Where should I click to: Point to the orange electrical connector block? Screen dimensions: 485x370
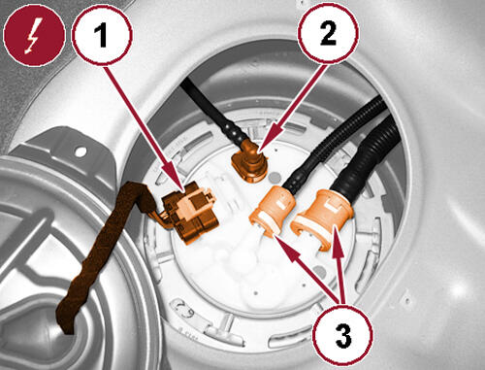coord(191,212)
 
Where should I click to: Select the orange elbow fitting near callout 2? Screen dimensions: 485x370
coord(250,161)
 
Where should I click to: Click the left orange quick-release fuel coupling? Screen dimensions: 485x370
coord(273,210)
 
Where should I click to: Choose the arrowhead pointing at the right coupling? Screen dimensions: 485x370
coord(337,242)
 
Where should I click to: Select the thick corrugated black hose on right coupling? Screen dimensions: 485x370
coord(369,152)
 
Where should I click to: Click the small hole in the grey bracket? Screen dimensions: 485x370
coord(81,151)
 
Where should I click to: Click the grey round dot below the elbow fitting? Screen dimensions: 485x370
coord(275,177)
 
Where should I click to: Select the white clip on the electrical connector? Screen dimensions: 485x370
coord(191,202)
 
